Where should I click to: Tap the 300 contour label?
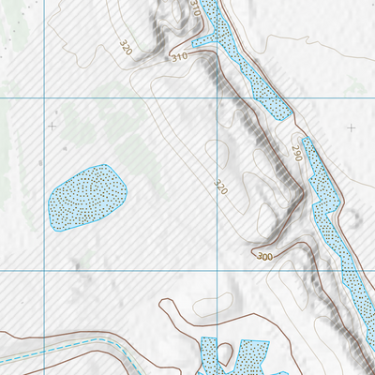pyautogui.click(x=264, y=256)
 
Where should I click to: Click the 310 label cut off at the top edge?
pyautogui.click(x=194, y=9)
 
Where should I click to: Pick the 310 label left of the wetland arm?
pyautogui.click(x=179, y=57)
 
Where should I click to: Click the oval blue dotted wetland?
pyautogui.click(x=86, y=197)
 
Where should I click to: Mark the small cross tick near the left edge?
pyautogui.click(x=52, y=125)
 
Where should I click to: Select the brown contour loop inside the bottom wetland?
pyautogui.click(x=225, y=354)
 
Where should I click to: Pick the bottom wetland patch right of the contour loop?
pyautogui.click(x=251, y=357)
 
